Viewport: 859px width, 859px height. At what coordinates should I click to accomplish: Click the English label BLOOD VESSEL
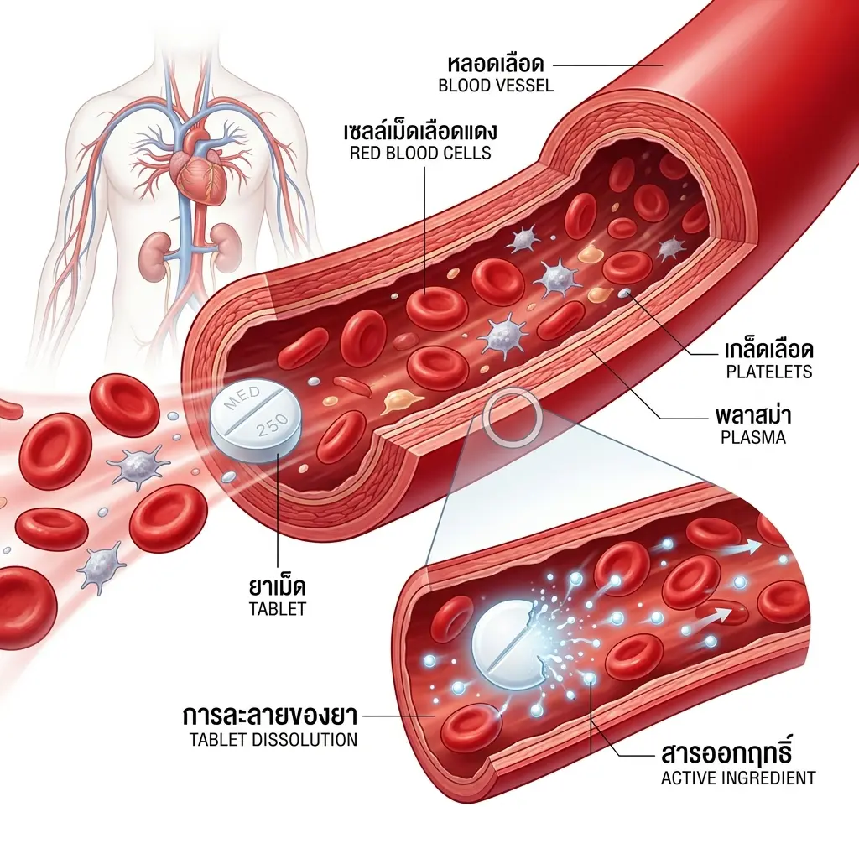495,86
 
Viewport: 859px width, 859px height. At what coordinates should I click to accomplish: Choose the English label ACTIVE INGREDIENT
738,778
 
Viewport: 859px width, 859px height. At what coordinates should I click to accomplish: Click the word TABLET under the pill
278,609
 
